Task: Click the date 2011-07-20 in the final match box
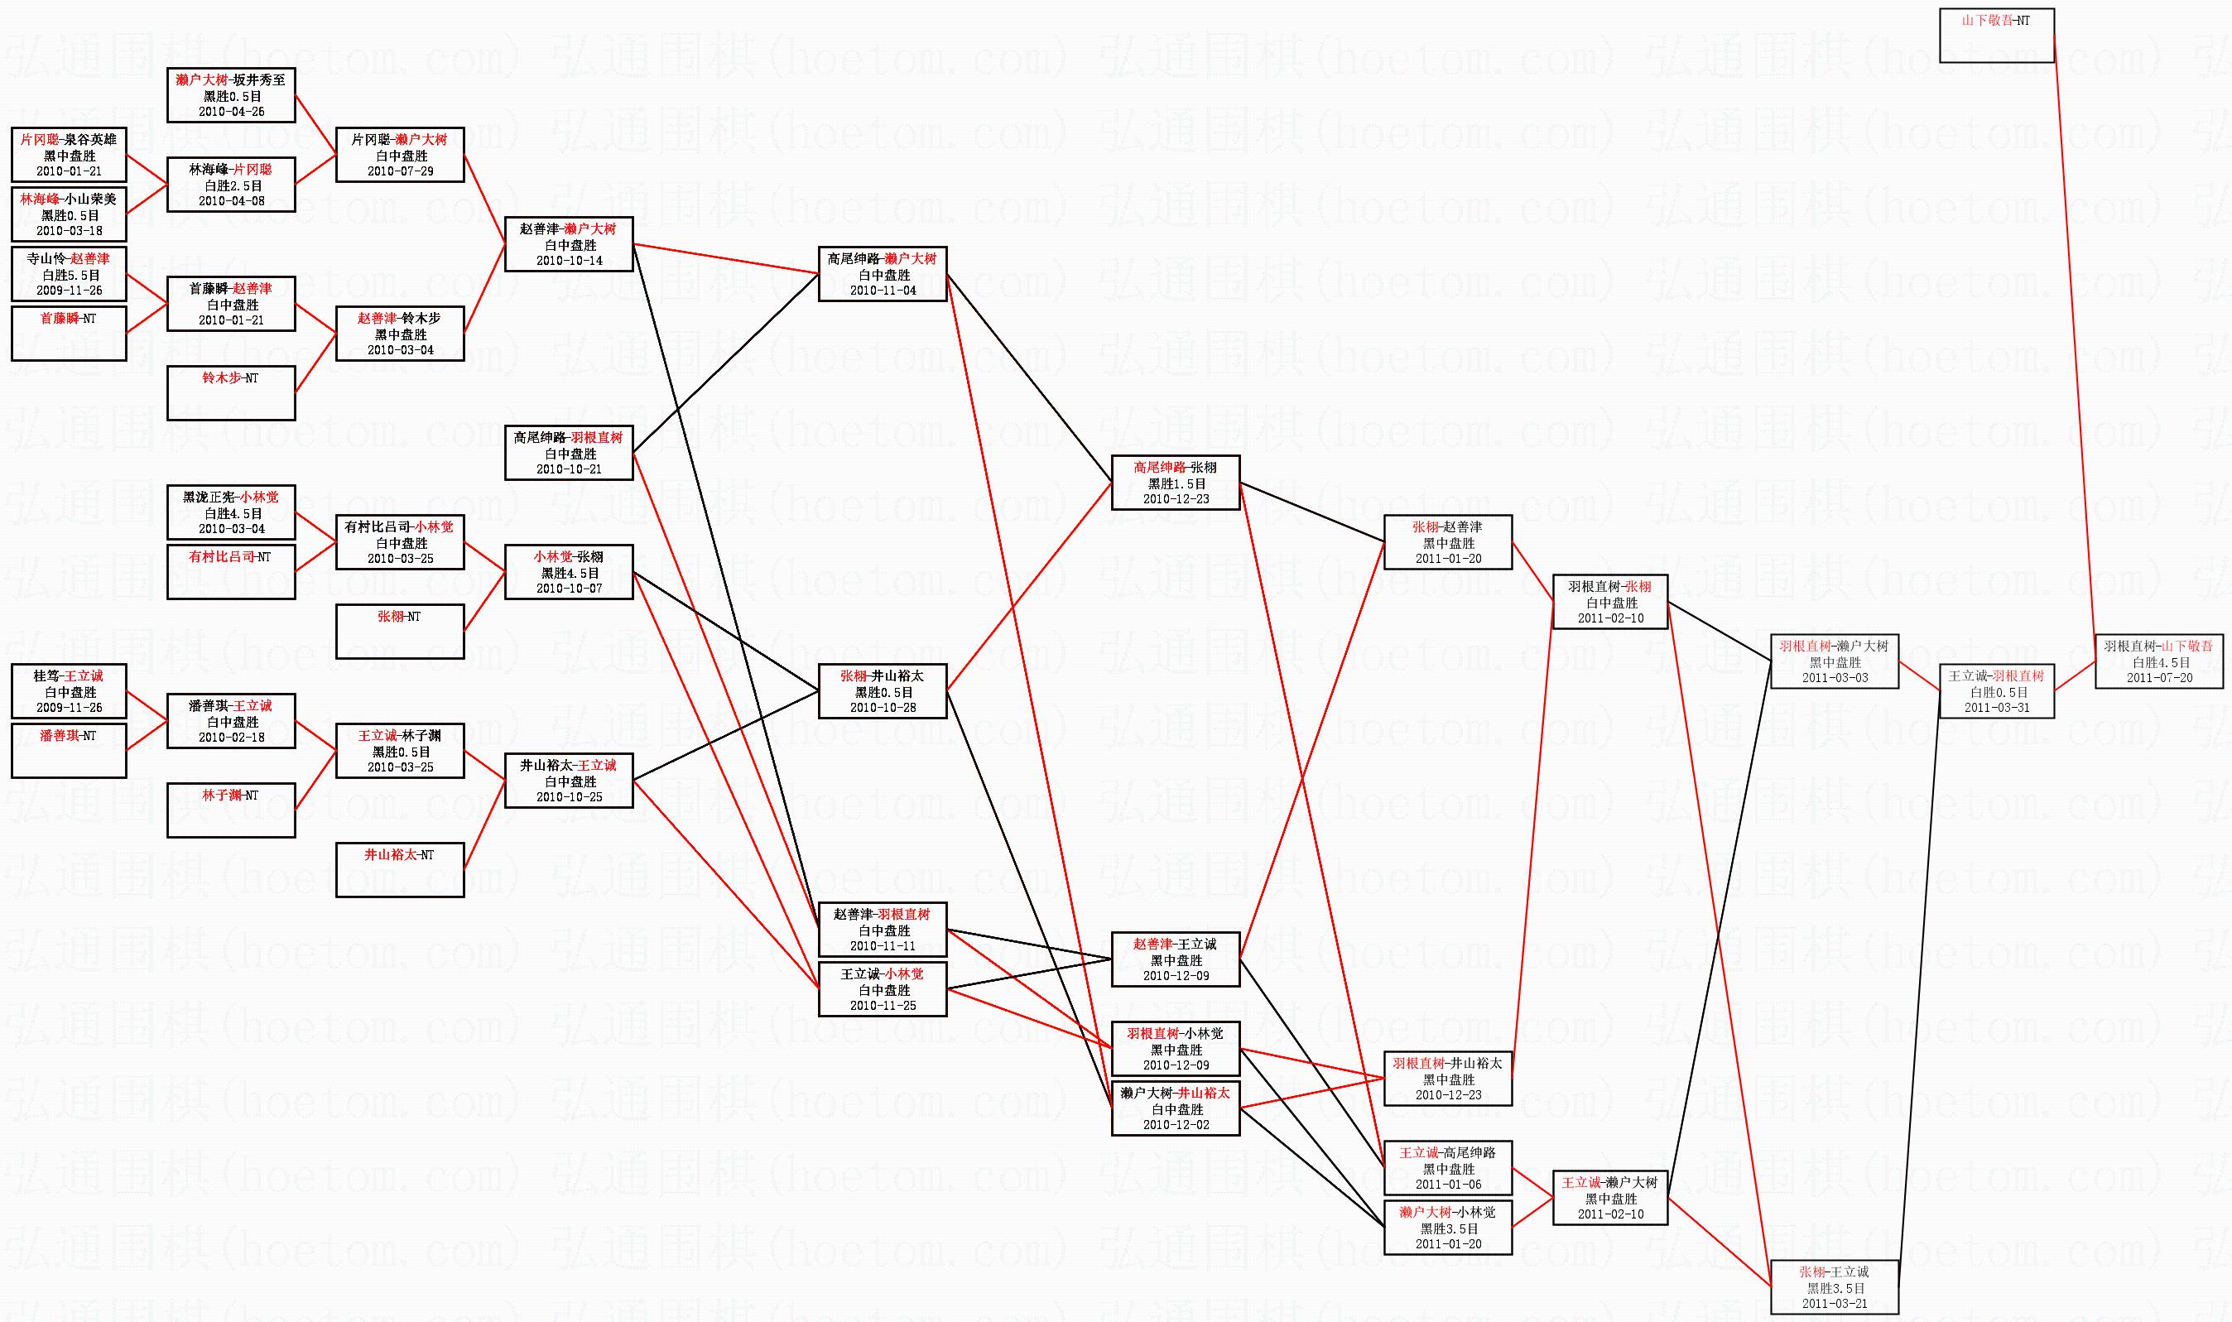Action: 2159,678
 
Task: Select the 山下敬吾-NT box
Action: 1996,35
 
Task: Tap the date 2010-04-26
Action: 231,113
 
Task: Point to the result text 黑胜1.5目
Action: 1176,483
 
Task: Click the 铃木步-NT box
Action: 231,392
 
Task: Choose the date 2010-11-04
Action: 882,291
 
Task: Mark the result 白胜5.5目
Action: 69,276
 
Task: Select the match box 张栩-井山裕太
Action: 882,691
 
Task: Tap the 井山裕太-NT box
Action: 400,868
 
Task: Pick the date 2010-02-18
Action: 231,737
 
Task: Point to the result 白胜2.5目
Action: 231,186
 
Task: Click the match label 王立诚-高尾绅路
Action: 1447,1153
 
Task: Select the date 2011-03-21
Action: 1834,1303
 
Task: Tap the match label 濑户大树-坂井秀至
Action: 231,80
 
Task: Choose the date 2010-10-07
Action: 568,588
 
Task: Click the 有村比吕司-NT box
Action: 231,571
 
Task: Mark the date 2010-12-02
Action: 1176,1125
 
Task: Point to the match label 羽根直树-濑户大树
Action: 1834,646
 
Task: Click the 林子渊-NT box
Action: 231,809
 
